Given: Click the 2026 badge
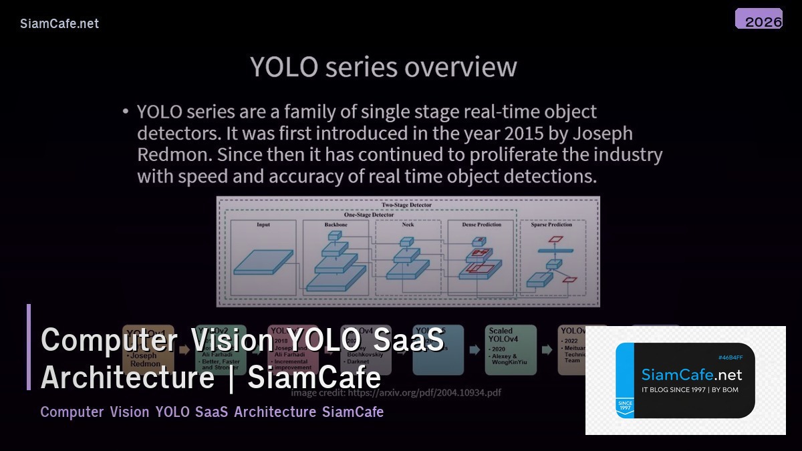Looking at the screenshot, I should tap(759, 19).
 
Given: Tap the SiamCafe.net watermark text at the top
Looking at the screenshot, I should tap(59, 23).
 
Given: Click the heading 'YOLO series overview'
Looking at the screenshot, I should tap(383, 67).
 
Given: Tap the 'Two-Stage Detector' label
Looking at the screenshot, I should tap(406, 205).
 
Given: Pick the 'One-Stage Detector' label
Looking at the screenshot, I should tap(369, 215).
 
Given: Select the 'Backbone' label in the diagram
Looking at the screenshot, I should tap(336, 225).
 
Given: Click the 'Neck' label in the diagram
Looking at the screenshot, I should tap(408, 225).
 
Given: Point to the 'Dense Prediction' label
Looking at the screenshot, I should tap(481, 225).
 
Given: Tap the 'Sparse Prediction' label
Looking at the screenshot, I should tap(551, 225).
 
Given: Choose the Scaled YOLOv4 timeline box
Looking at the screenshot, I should tap(511, 349).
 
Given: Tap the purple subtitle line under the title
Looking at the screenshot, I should tap(212, 412).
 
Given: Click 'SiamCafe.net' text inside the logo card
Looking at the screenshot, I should tap(692, 375).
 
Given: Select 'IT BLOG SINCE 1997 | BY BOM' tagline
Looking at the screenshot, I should tap(690, 390).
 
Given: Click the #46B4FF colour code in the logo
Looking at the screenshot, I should tap(730, 357).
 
